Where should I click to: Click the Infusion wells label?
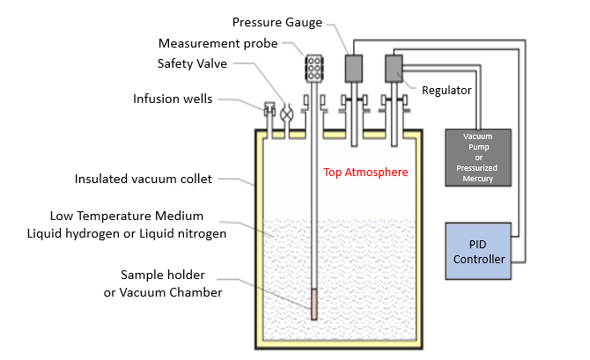(172, 98)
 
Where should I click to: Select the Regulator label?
(447, 90)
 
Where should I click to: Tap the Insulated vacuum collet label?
(143, 180)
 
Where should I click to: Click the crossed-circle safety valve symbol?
(287, 113)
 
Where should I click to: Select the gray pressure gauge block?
(354, 67)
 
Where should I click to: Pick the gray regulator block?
(393, 67)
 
